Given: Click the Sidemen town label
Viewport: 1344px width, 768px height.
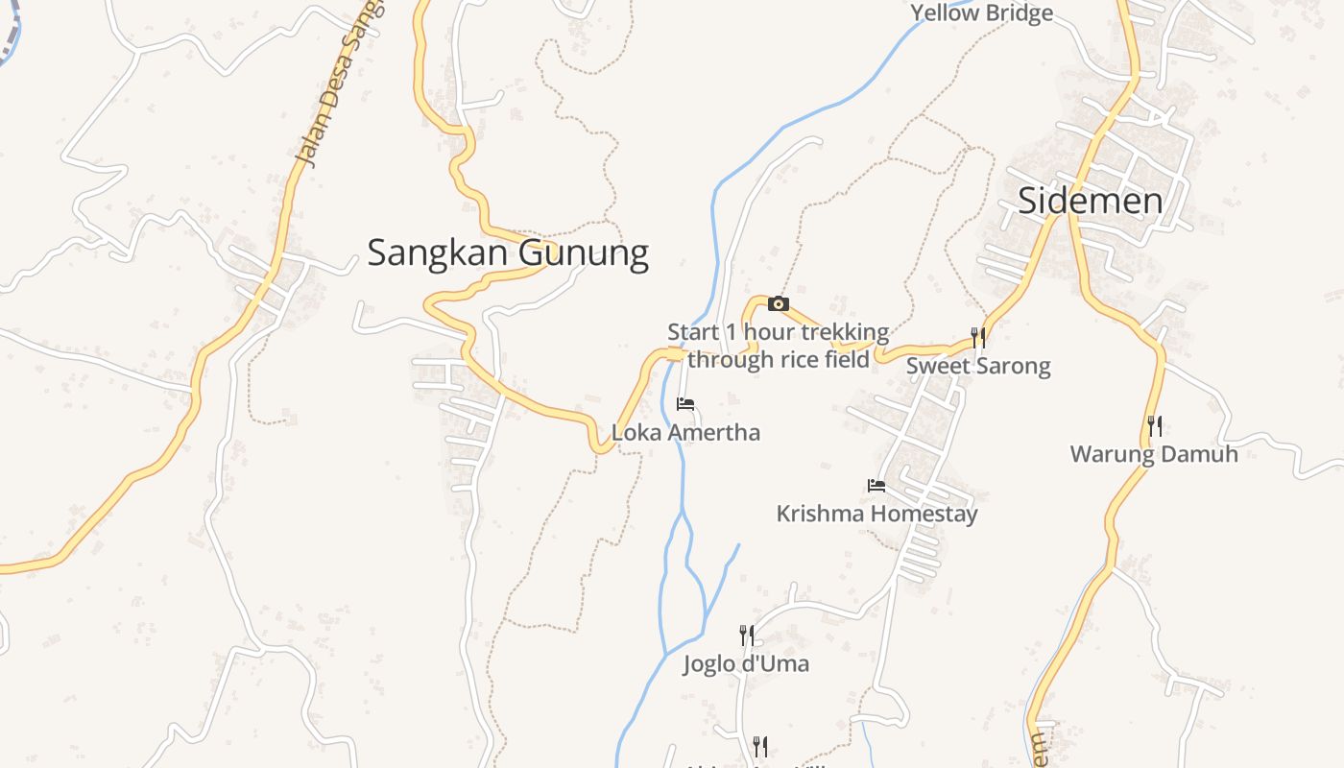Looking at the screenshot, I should (1090, 201).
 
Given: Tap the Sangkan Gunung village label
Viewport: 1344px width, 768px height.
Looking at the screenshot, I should (508, 252).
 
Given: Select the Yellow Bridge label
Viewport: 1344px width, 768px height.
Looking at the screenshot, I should (981, 12).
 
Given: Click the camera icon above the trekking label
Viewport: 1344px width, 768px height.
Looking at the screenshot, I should (779, 304).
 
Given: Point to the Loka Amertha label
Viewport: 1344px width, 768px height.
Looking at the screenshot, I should (685, 432).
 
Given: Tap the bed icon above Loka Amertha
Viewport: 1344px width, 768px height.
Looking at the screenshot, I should (685, 404).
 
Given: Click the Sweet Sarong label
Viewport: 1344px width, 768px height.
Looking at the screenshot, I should (978, 366).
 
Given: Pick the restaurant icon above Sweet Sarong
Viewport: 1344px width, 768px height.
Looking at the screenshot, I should (978, 337).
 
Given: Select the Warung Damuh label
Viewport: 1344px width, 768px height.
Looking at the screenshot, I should (1154, 454).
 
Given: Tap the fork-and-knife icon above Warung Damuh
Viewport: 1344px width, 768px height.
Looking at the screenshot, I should (1155, 425).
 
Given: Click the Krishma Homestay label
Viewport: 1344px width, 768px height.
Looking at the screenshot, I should (876, 514).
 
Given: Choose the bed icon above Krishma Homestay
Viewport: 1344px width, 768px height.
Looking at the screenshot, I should (876, 486).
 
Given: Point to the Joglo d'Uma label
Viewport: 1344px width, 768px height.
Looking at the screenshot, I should (746, 663).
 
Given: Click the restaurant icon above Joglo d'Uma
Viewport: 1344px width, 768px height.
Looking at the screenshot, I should (746, 635).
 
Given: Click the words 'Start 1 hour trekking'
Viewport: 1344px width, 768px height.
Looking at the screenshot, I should (779, 333).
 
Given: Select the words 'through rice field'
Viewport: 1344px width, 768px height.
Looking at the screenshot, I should (779, 360).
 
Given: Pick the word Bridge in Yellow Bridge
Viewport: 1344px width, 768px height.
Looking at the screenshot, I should (1018, 12).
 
